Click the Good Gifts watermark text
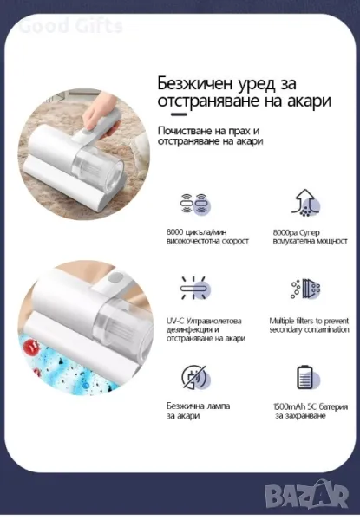pos(70,26)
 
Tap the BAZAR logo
pos(307,494)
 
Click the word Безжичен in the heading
pos(195,83)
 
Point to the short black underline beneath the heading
pos(179,114)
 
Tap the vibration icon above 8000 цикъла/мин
pos(195,204)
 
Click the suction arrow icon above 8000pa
pos(306,203)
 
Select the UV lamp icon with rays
pos(195,288)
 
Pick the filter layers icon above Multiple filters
pos(305,289)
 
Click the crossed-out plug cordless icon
pos(196,377)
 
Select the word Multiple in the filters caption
pos(282,322)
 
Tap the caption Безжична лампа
pos(198,406)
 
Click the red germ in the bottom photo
pos(32,347)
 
